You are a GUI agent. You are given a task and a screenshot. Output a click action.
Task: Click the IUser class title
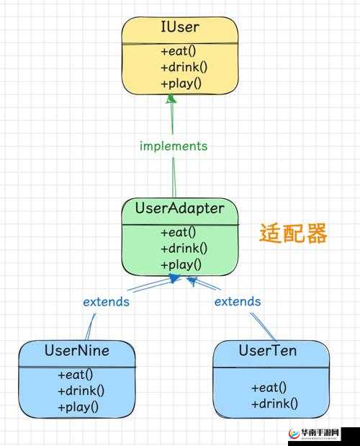point(179,28)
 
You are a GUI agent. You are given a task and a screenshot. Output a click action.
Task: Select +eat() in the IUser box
point(179,51)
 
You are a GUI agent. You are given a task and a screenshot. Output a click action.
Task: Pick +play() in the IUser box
point(181,83)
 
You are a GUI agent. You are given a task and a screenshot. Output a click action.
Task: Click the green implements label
point(174,146)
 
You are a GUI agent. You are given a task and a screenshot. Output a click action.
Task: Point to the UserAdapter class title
point(179,209)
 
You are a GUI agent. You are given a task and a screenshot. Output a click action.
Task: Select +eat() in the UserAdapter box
point(179,232)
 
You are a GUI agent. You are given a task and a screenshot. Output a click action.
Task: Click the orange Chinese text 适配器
point(293,233)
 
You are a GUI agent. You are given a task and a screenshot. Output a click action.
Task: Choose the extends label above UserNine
point(106,301)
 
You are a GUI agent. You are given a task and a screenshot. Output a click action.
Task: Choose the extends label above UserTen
point(238,301)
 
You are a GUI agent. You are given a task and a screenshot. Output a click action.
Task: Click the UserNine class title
point(76,352)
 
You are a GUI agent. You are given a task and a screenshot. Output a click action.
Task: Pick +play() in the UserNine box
point(78,406)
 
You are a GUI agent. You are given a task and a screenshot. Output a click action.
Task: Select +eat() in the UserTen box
point(269,387)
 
